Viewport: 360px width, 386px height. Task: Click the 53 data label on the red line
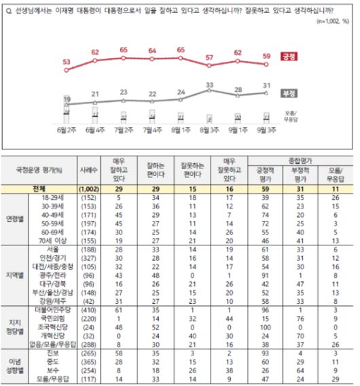[67, 61]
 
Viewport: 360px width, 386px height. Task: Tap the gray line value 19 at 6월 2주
[67, 99]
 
